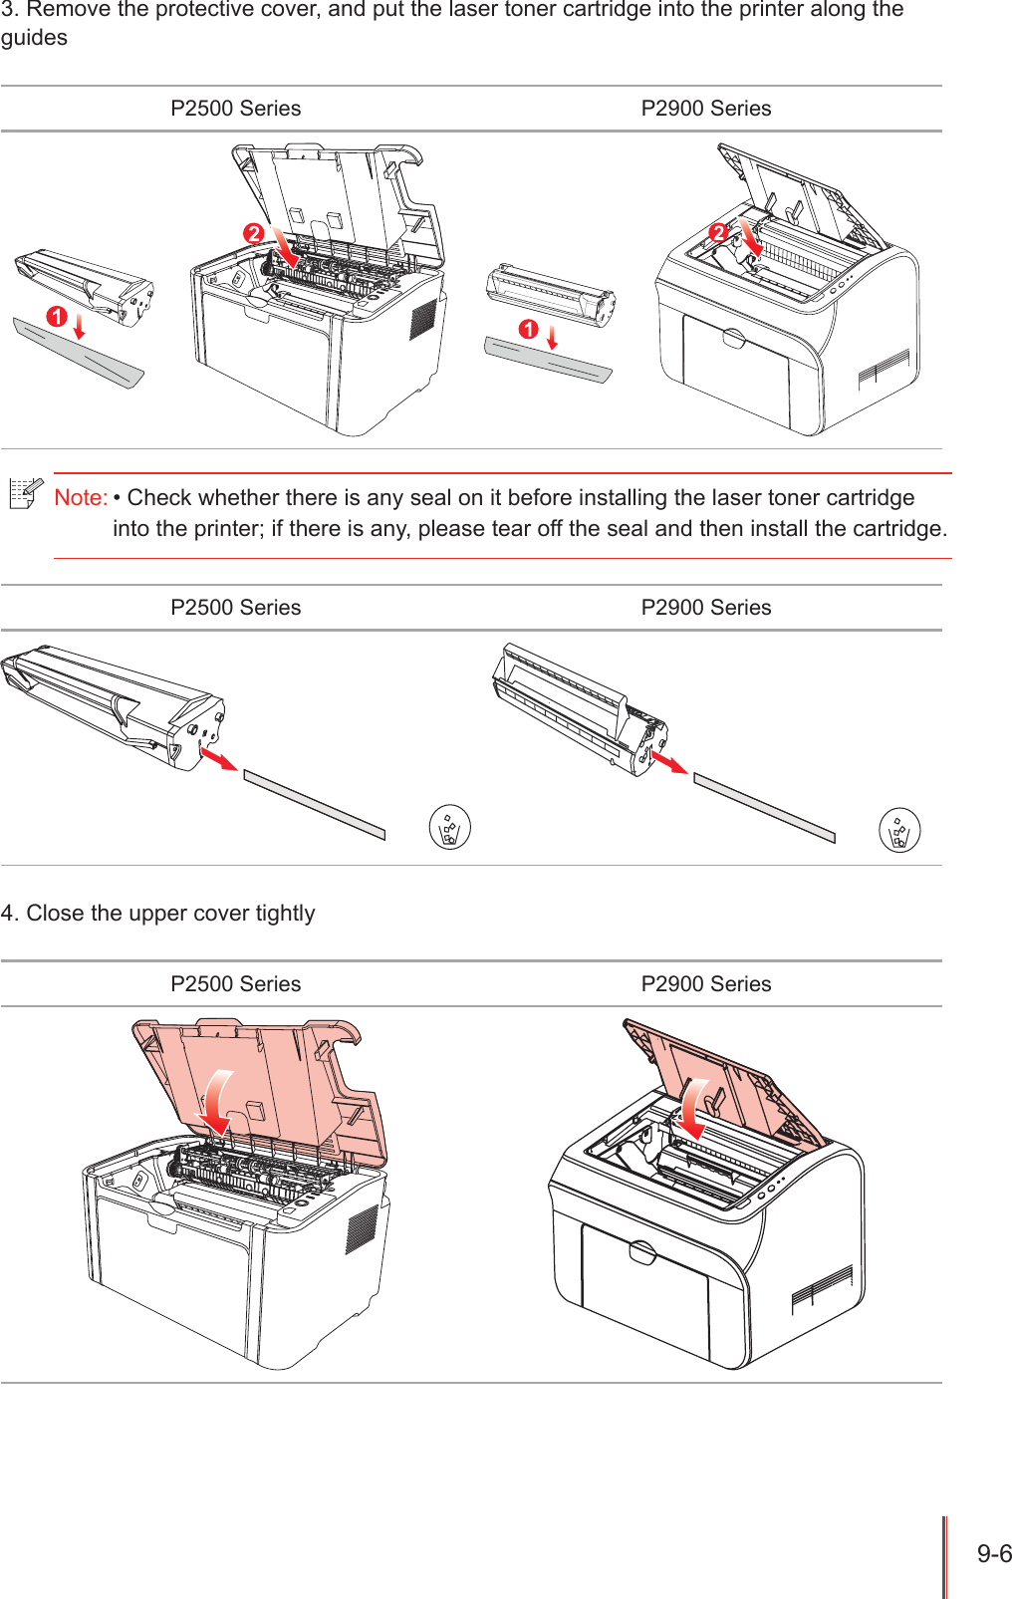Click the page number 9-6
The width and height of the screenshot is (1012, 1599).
(993, 1553)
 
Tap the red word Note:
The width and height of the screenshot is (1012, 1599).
(81, 497)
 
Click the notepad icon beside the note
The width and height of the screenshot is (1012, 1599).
(26, 493)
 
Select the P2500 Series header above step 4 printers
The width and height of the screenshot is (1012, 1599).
(235, 983)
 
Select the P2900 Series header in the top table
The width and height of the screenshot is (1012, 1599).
(705, 109)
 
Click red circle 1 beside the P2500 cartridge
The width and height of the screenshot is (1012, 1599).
(57, 317)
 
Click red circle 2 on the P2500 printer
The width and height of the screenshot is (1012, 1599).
(254, 233)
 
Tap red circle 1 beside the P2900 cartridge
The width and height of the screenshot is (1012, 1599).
(528, 329)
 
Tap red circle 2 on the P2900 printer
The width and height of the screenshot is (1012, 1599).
(718, 233)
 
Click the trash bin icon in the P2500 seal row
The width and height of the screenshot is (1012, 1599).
(449, 827)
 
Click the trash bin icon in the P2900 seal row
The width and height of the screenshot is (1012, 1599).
(899, 829)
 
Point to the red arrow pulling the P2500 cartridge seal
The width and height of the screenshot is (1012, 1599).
(219, 758)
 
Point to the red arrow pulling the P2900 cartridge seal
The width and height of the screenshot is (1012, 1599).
(668, 762)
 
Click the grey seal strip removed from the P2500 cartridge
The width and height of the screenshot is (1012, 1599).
(314, 804)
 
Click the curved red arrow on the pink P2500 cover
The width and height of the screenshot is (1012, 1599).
(215, 1101)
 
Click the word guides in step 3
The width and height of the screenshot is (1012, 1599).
(34, 38)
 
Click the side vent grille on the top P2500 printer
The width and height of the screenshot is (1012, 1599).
(423, 318)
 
